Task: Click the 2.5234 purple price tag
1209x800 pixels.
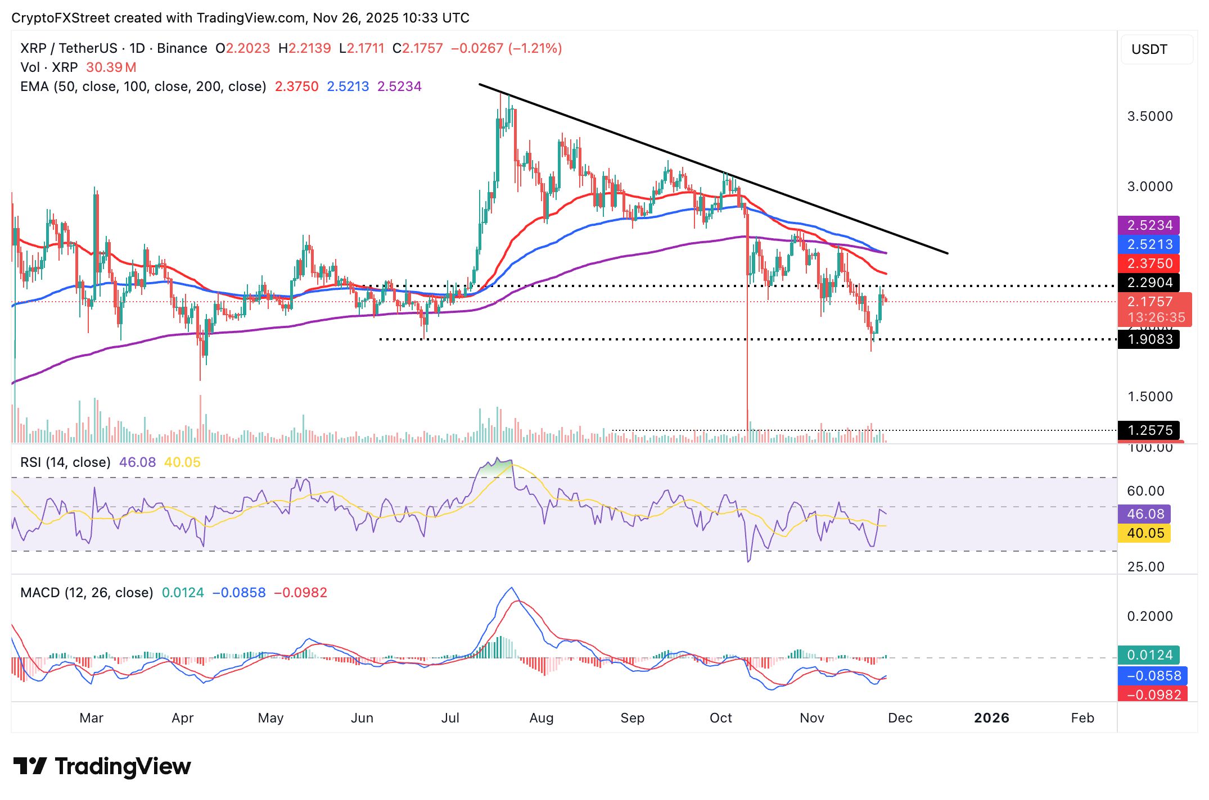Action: pos(1149,225)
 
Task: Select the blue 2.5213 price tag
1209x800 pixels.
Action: pos(1149,244)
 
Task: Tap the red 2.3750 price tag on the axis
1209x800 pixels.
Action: pos(1149,263)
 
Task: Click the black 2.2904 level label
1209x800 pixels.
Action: pos(1149,283)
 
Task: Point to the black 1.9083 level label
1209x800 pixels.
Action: pos(1149,339)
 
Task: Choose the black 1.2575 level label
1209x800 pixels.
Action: pos(1149,430)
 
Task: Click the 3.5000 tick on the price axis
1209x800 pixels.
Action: pos(1150,116)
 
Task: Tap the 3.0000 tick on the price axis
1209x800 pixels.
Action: pos(1150,187)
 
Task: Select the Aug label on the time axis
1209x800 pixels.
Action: pos(542,718)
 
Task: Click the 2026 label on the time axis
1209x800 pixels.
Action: pos(991,718)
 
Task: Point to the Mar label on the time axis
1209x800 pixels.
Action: pos(91,718)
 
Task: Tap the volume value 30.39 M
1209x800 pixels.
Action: pos(111,67)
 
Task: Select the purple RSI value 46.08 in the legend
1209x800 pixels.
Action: pos(137,462)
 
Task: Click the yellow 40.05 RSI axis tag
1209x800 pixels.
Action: pos(1145,533)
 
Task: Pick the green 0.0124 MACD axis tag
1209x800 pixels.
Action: pos(1149,655)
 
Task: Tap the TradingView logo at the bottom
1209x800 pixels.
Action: pos(102,766)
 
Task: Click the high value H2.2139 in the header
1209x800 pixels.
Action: pos(305,48)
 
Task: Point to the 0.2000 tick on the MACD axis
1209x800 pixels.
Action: pos(1150,616)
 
